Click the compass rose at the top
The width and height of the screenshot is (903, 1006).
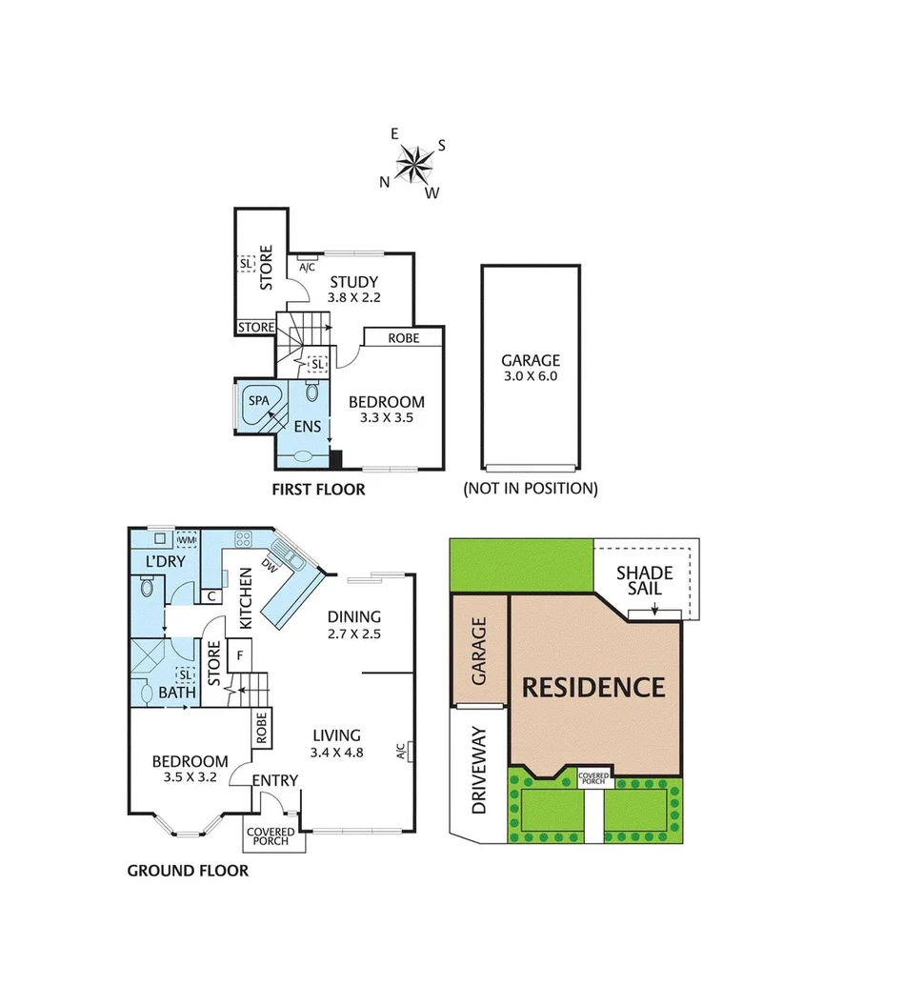(x=412, y=164)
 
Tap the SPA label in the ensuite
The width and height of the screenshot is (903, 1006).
(x=258, y=401)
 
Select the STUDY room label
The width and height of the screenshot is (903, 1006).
(x=354, y=282)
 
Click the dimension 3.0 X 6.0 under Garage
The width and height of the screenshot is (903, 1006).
(x=531, y=376)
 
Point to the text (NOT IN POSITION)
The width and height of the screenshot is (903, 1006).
(x=531, y=489)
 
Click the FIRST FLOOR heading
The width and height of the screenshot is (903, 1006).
(x=319, y=490)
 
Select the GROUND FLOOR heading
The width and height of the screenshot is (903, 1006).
(x=188, y=870)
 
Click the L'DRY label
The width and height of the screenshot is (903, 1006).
(x=164, y=561)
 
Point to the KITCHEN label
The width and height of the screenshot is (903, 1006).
(x=245, y=598)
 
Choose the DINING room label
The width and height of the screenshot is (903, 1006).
(x=353, y=616)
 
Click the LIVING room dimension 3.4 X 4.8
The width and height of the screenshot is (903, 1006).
(x=335, y=753)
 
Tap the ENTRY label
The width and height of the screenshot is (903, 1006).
(x=275, y=781)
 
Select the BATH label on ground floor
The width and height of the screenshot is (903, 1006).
(x=177, y=693)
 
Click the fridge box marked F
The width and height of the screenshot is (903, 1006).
(x=241, y=655)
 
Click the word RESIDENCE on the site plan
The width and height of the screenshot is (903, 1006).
(x=592, y=686)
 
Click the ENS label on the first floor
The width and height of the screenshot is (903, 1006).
(x=307, y=426)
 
